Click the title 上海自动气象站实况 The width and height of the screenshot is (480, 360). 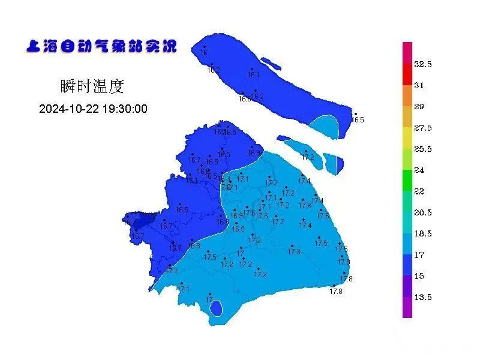point(101,46)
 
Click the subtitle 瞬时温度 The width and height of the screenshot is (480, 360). point(92,86)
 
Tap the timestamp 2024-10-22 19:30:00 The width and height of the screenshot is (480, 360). point(93,109)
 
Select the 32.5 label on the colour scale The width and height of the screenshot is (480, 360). point(423,64)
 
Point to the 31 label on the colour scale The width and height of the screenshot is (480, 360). point(419,86)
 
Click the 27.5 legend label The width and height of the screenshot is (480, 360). point(423,128)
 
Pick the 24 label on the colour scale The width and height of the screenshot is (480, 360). point(419,170)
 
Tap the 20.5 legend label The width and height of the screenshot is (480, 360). point(423,213)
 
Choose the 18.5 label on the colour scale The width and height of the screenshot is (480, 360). point(423,234)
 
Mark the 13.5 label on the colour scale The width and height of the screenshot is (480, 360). point(423,298)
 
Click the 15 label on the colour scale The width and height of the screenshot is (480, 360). point(419,277)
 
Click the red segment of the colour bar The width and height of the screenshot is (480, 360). point(407,74)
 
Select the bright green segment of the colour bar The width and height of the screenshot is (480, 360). point(407,181)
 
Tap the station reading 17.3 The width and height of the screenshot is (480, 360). point(293,252)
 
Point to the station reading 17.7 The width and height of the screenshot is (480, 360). point(277,222)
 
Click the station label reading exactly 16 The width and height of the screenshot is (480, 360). point(203,53)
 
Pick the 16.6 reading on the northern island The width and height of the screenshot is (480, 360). point(244,99)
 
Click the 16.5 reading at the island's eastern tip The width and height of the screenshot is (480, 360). point(358,120)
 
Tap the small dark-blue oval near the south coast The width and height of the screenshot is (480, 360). point(216,309)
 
